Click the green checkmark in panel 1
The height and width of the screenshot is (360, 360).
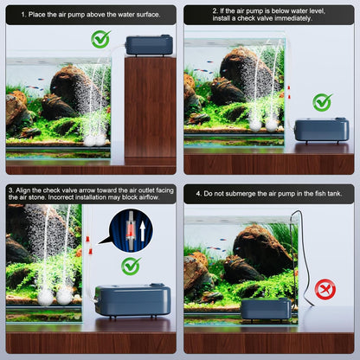point(100,39)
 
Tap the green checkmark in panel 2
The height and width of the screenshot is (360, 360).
point(322,102)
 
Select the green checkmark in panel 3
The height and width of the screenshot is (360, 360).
point(131,266)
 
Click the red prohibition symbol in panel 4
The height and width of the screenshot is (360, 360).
point(325,289)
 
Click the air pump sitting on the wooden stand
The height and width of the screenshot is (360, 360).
point(149,45)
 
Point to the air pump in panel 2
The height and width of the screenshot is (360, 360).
point(322,131)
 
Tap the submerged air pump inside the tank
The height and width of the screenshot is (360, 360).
point(266,309)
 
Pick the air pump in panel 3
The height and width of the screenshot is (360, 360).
point(132,300)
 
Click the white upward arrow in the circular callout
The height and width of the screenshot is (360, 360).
point(142,232)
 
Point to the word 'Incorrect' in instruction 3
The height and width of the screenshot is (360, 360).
point(61,197)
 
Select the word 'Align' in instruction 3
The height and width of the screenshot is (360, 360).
point(22,190)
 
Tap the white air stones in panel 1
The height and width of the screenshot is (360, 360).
point(94,140)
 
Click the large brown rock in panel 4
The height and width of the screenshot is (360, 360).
point(261,248)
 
